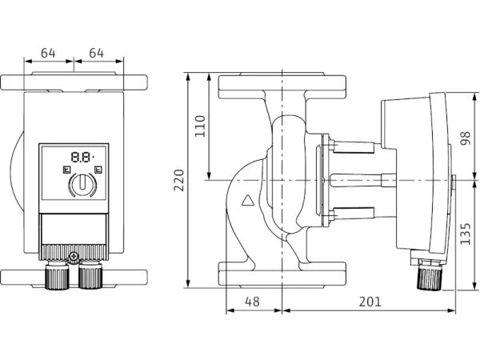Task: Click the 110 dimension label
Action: (200, 126)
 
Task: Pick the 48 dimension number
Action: (253, 302)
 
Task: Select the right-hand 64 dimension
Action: (97, 53)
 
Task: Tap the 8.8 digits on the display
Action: (79, 158)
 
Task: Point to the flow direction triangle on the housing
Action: (250, 202)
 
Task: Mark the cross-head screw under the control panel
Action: (74, 257)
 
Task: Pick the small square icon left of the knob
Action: (65, 170)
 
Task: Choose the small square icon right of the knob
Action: (98, 170)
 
